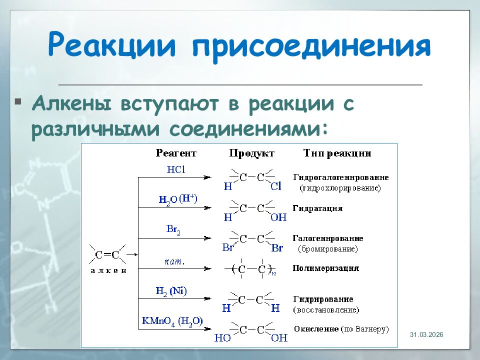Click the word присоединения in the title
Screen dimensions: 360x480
click(x=310, y=46)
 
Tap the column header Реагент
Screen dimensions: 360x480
click(x=175, y=153)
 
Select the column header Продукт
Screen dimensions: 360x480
click(x=251, y=153)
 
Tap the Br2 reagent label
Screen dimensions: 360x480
click(x=173, y=229)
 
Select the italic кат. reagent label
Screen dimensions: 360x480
click(x=175, y=260)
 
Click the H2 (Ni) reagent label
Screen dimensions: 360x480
click(x=171, y=291)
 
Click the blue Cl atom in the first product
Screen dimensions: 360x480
click(x=276, y=186)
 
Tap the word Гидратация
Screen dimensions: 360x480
click(x=317, y=208)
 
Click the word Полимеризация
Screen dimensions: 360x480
click(x=326, y=268)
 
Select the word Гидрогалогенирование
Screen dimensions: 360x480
click(x=341, y=177)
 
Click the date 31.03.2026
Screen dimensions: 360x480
click(x=427, y=334)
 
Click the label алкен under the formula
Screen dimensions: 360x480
click(x=108, y=270)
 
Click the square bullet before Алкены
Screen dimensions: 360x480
click(x=18, y=102)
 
